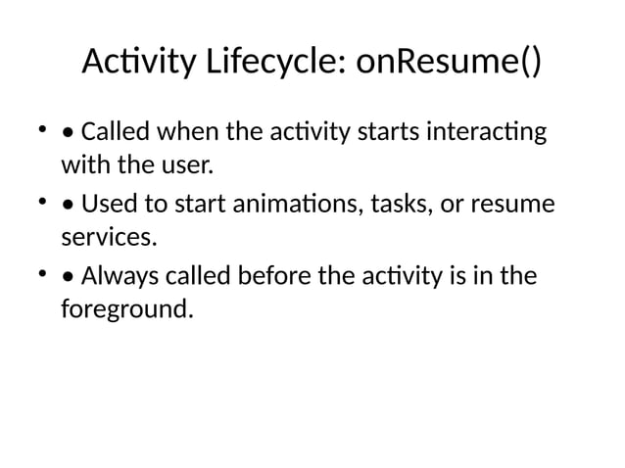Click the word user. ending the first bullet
tap(186, 164)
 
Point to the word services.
tap(109, 236)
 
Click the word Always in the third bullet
tap(117, 277)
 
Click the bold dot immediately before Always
tap(66, 279)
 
